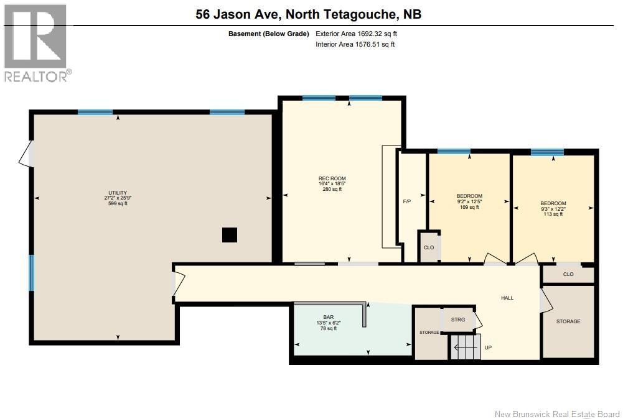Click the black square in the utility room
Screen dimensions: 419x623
coord(230,235)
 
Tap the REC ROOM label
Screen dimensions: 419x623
coord(332,179)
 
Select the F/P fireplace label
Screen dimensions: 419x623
coord(407,201)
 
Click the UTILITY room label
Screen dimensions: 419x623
coord(118,193)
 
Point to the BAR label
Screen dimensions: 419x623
coord(328,317)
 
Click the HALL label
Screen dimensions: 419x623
coord(507,298)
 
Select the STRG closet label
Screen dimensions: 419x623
coord(458,320)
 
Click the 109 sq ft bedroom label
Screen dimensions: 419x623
coord(469,196)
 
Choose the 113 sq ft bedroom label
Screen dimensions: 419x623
coord(553,203)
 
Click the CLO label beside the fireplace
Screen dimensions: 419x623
coord(429,247)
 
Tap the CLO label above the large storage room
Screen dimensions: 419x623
coord(568,274)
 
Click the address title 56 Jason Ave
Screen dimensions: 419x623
coord(308,14)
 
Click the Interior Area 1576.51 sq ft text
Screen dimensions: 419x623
coord(355,44)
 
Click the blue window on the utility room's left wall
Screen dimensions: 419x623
coord(32,273)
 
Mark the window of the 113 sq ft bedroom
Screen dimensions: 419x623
coord(547,152)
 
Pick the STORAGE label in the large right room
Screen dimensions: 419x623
coord(568,321)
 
